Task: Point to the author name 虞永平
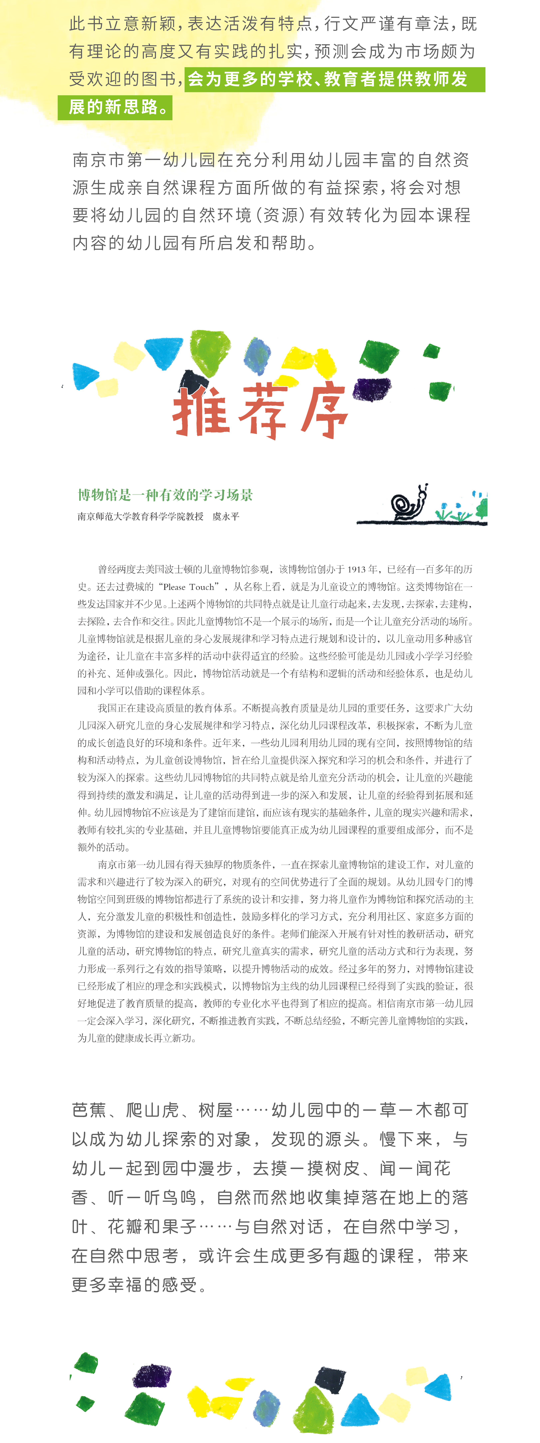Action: [x=226, y=516]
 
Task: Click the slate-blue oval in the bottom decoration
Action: [x=267, y=1404]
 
